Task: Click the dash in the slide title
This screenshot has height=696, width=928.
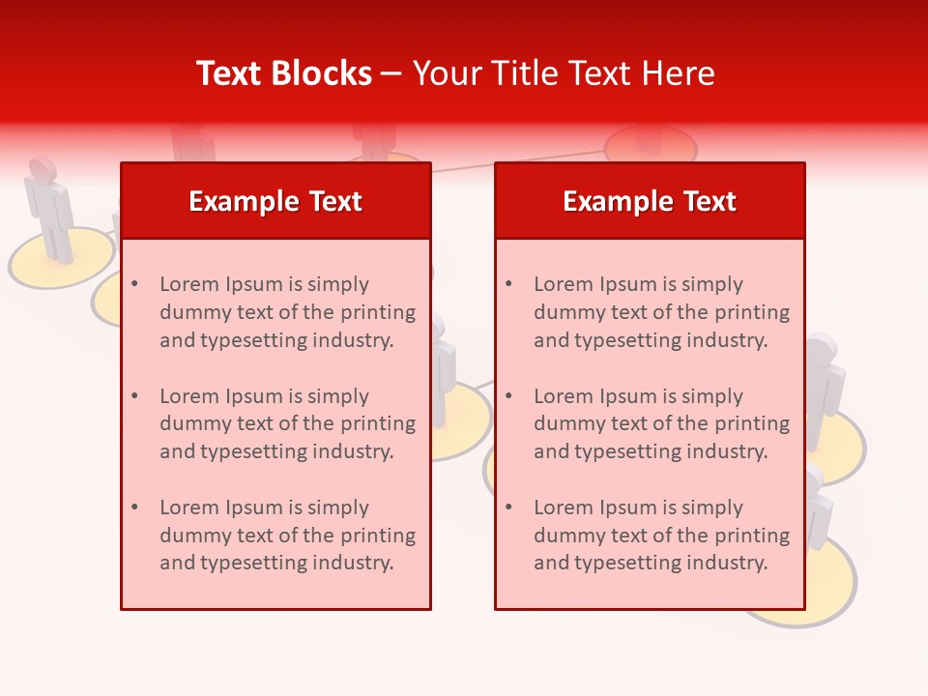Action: click(391, 74)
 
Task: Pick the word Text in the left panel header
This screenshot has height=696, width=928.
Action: click(334, 201)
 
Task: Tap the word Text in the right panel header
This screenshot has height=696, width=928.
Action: click(709, 201)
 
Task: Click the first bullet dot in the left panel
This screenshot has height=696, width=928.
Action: click(135, 284)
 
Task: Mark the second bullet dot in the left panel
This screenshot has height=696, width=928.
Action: click(135, 396)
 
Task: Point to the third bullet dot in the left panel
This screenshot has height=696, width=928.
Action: click(135, 507)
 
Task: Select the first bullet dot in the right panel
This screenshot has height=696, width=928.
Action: click(509, 284)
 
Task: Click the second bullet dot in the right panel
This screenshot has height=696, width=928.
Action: click(509, 396)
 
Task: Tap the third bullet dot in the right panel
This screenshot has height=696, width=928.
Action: click(509, 507)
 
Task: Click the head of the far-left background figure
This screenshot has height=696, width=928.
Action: click(42, 168)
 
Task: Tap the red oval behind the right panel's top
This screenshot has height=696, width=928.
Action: click(651, 146)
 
